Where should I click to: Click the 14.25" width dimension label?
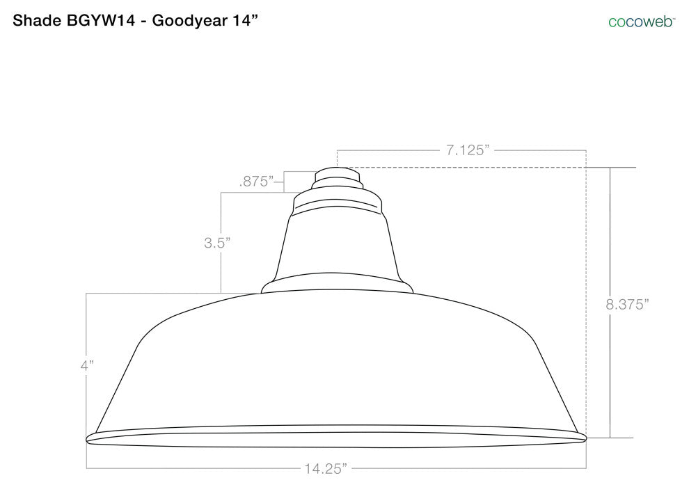[x=326, y=468]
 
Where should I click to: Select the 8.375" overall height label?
[x=627, y=304]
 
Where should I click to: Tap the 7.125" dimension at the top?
[x=468, y=150]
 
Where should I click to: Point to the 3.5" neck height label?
[x=217, y=242]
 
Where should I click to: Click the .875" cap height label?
[x=257, y=181]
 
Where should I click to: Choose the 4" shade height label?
[x=87, y=365]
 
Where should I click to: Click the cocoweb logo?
[x=642, y=22]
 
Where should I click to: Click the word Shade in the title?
[x=37, y=20]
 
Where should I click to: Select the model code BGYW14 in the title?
[x=101, y=20]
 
